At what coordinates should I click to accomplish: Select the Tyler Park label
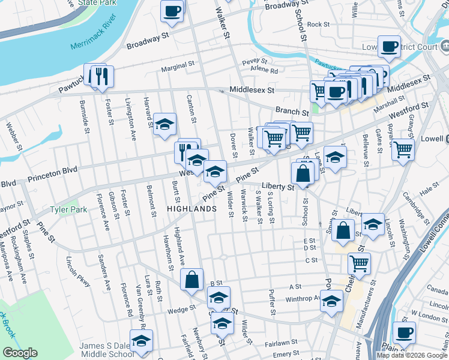pos(68,210)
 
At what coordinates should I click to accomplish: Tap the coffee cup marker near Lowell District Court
pos(389,47)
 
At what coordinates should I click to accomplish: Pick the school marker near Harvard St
pos(164,125)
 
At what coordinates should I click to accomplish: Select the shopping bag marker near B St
pos(191,280)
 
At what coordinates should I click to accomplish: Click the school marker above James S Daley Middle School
pos(141,341)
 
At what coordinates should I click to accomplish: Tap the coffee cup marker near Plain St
pos(404,333)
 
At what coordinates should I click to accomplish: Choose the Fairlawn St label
pos(277,344)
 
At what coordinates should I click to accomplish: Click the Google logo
pos(20,353)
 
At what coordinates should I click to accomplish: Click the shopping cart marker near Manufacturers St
pos(358,263)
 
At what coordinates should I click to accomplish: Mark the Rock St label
pos(318,25)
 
